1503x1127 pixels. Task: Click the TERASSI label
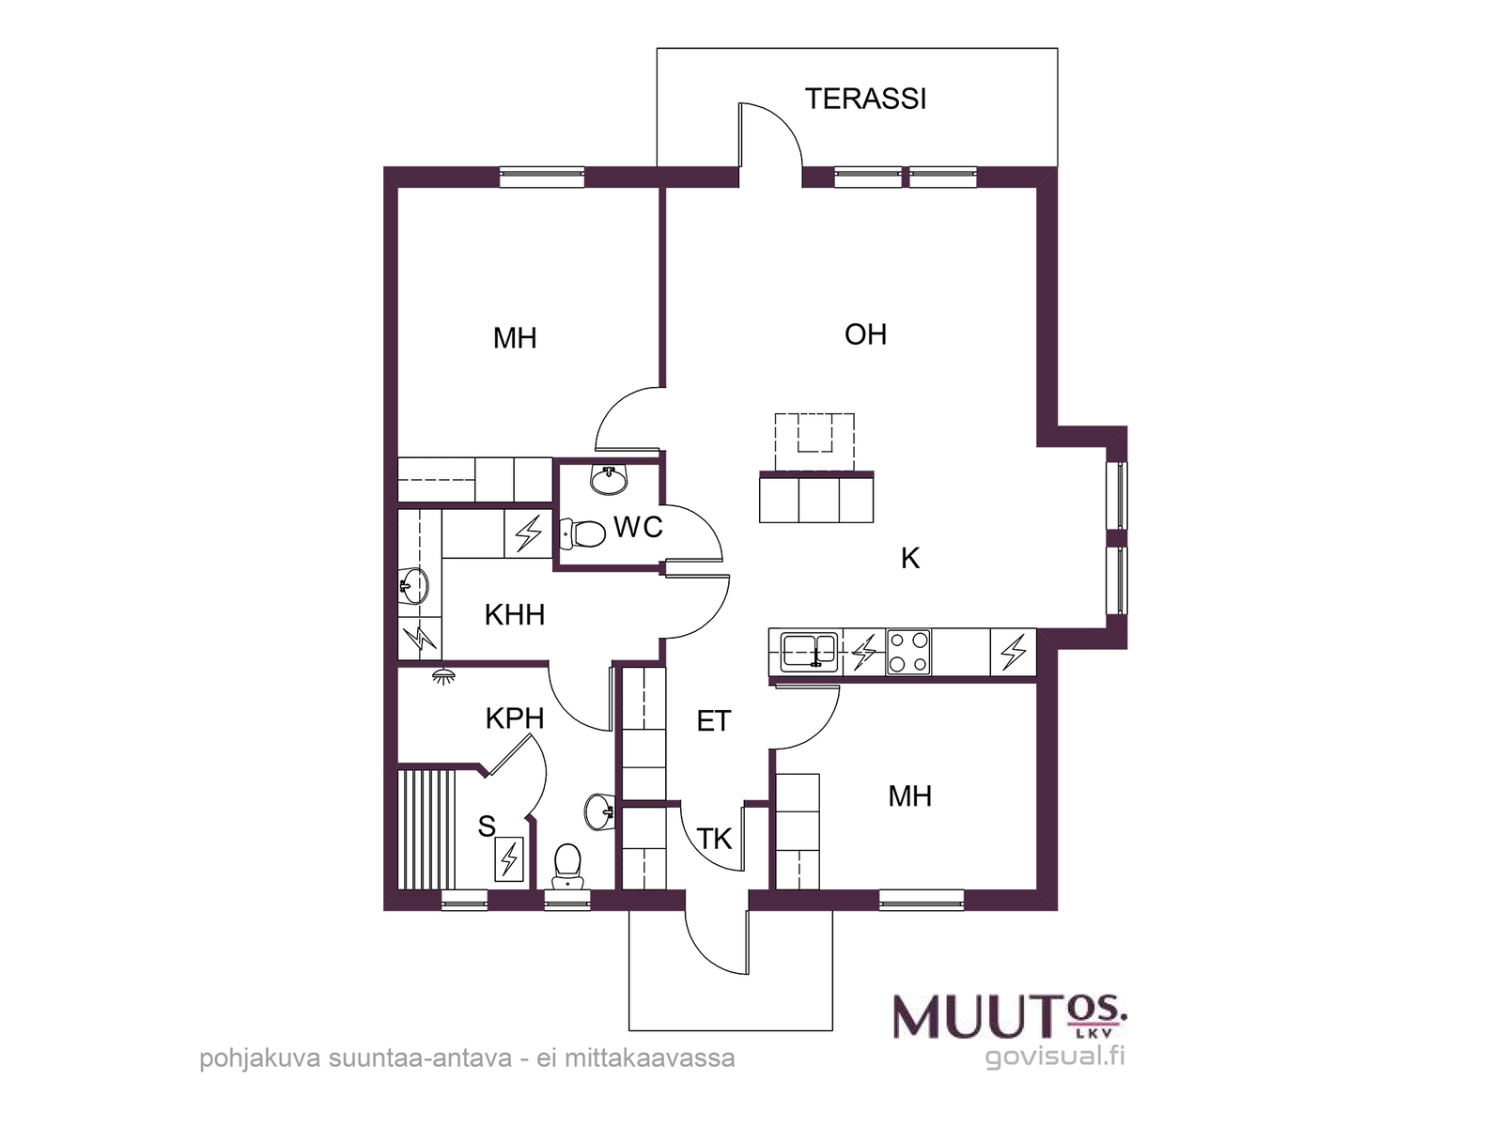coord(865,100)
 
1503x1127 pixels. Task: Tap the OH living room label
coord(865,334)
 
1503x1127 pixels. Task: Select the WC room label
coord(638,527)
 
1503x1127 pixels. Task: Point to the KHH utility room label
coord(514,615)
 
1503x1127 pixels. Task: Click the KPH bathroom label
coord(515,718)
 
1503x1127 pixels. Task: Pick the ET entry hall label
coord(714,721)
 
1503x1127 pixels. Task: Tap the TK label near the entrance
coord(714,839)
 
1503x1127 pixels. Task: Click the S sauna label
coord(487,826)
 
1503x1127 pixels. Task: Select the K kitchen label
coord(910,559)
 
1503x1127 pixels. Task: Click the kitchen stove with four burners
coord(908,652)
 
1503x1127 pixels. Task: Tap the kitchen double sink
coord(810,652)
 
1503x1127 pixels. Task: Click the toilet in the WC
coord(582,533)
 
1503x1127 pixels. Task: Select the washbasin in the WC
coord(608,480)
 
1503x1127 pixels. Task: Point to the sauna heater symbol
coord(509,858)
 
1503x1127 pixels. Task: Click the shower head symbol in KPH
coord(443,676)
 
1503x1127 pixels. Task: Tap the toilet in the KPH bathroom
coord(567,866)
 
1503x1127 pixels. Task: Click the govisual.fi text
coord(1055,1056)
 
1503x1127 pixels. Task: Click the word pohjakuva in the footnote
coord(261,1058)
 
